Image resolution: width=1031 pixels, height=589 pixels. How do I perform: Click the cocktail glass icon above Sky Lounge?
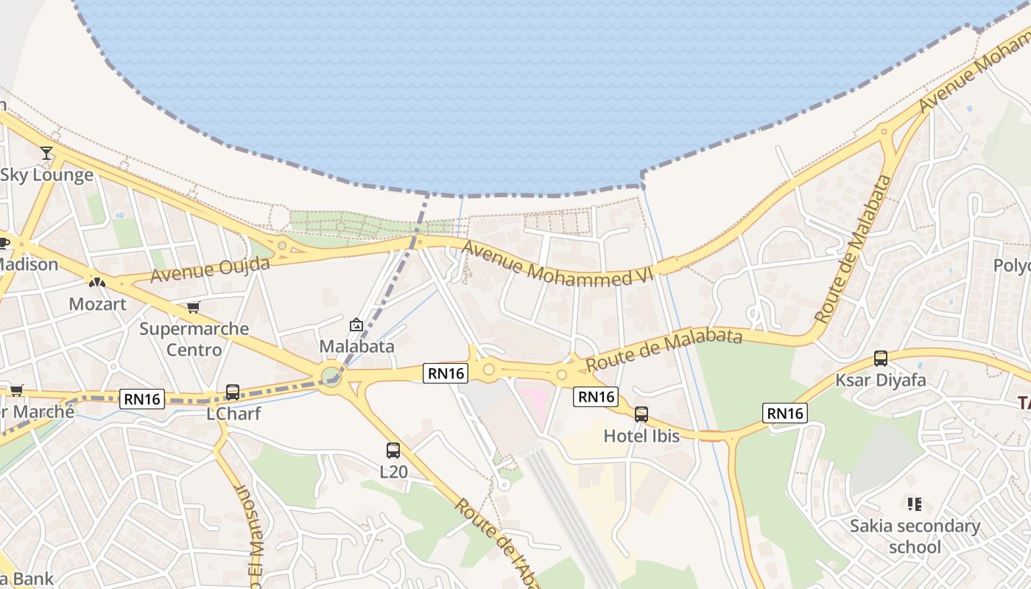tap(46, 153)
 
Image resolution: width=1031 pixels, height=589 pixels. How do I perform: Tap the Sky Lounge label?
tap(47, 175)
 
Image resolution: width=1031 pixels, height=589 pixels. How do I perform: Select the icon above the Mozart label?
tap(97, 281)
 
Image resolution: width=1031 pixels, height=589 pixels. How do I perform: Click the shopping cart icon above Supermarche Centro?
tap(193, 307)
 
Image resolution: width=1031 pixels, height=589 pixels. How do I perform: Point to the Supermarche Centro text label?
tap(194, 339)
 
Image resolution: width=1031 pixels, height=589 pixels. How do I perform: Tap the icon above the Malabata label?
tap(356, 324)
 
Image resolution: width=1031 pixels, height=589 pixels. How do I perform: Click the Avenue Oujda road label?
tap(211, 270)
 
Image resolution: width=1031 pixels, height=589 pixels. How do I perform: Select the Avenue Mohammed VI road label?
tap(560, 267)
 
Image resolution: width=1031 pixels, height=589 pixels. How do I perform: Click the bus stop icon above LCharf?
tap(233, 392)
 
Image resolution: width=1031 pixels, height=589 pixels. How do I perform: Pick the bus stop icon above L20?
tap(393, 450)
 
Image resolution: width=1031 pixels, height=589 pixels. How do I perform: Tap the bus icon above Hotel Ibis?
tap(641, 415)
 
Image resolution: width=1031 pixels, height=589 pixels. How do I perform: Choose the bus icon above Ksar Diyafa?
tap(881, 359)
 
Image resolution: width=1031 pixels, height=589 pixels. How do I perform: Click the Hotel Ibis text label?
tap(641, 436)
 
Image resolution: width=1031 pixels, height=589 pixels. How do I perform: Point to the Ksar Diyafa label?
tap(881, 381)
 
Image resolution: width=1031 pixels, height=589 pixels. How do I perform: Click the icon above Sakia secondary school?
tap(915, 504)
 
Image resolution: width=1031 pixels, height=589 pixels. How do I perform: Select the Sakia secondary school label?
tap(915, 536)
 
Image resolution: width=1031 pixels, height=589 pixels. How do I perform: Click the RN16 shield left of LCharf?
tap(142, 399)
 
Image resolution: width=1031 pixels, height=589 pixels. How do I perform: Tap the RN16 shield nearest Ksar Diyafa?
tap(785, 413)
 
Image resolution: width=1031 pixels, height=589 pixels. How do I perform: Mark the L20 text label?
tap(393, 471)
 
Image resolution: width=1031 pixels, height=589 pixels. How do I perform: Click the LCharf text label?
tap(233, 414)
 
